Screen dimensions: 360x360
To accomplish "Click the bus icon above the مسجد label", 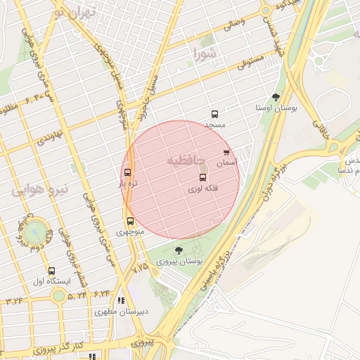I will coord(214,114).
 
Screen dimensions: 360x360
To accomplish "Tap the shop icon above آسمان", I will coord(226,152).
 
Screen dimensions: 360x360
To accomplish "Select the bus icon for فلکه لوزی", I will coord(203,178).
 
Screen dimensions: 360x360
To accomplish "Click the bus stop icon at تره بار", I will coord(127,172).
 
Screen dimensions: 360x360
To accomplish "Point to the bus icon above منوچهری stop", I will coord(130,221).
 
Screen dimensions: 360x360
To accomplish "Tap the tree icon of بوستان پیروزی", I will coord(178,250).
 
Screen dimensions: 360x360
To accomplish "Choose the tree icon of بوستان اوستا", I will coord(275,97).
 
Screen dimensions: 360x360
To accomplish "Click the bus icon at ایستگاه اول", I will coord(51,271).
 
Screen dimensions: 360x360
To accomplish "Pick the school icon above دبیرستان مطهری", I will coord(121,300).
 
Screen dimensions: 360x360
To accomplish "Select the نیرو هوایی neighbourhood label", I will coord(40,188).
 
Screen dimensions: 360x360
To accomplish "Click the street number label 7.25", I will coord(140,267).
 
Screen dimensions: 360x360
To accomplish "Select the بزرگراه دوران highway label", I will coord(275,180).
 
